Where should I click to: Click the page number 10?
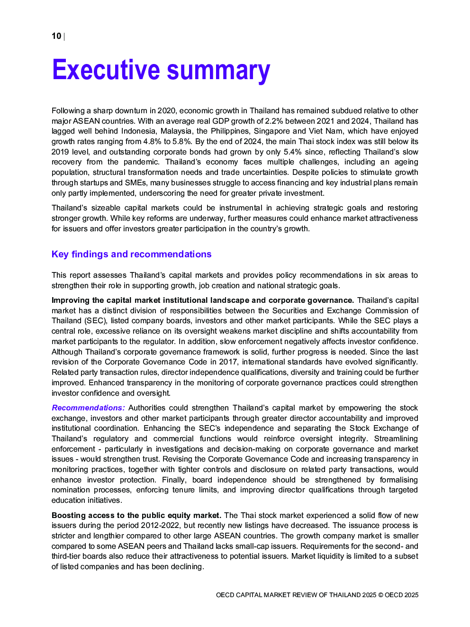click(56, 36)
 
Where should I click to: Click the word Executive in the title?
click(106, 70)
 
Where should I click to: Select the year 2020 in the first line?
click(166, 110)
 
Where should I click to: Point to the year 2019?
click(60, 152)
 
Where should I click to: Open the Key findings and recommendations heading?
click(131, 254)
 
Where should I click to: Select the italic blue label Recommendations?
click(88, 408)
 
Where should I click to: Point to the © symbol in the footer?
click(380, 595)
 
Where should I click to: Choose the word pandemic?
click(141, 162)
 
